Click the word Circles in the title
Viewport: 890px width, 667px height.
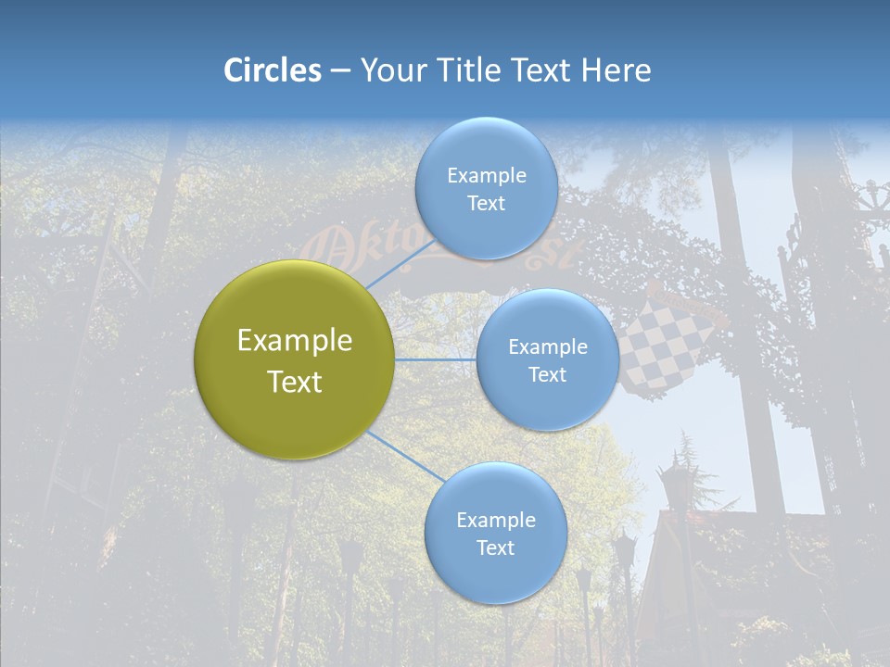tap(272, 70)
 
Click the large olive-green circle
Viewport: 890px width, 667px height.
tap(295, 359)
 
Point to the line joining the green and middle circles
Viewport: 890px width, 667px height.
tap(436, 359)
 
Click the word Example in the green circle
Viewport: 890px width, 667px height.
tap(295, 341)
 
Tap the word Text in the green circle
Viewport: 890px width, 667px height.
tap(295, 382)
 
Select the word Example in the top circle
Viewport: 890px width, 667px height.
tap(487, 176)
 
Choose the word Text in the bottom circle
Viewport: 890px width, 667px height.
tap(495, 547)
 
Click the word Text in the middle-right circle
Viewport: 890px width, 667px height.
tap(547, 374)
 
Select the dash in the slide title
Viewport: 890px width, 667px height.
tap(340, 71)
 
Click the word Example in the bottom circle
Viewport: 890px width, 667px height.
tap(495, 520)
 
